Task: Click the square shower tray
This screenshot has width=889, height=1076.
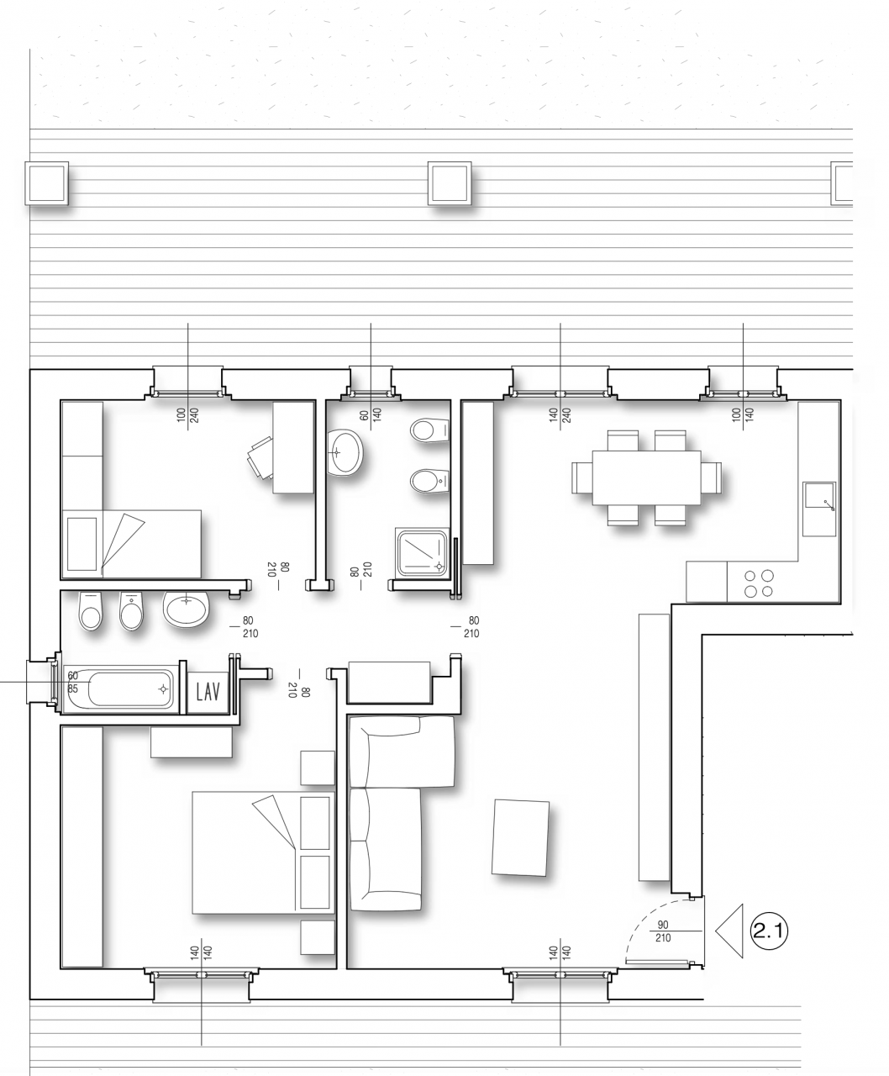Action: pos(423,552)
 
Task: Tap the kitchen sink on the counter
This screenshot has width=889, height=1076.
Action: pos(819,509)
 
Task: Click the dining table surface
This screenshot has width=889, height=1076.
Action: pos(646,477)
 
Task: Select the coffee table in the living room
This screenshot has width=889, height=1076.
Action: pos(520,837)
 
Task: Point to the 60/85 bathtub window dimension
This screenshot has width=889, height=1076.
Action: pos(72,682)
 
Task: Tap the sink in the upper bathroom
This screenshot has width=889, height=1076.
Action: pos(345,452)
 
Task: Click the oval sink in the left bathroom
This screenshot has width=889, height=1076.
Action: pos(186,608)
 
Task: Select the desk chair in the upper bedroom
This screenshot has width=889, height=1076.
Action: pos(260,457)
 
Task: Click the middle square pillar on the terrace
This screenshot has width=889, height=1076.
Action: pos(450,183)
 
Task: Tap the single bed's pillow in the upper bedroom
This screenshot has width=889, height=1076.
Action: pos(82,544)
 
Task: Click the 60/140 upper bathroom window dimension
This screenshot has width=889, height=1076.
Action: pos(371,414)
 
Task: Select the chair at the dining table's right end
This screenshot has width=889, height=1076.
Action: pos(712,477)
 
